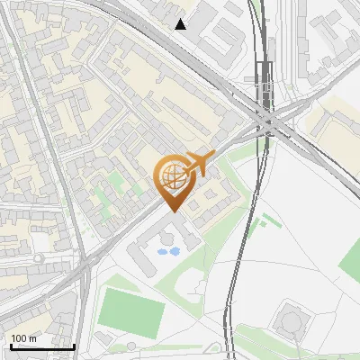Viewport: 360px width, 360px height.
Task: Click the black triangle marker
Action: [x=181, y=24]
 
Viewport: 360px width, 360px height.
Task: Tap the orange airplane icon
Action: [x=199, y=163]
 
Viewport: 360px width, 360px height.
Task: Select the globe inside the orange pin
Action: [x=172, y=176]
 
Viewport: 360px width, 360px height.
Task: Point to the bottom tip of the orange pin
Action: [x=172, y=211]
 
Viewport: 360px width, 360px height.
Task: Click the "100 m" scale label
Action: [x=24, y=337]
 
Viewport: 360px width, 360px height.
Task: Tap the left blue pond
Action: [x=163, y=252]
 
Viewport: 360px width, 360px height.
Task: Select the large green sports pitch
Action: [x=131, y=311]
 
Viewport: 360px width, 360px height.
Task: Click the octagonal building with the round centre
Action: [x=290, y=319]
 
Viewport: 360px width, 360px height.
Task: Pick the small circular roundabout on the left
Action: [x=38, y=258]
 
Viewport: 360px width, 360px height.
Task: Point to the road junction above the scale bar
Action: [x=85, y=261]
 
